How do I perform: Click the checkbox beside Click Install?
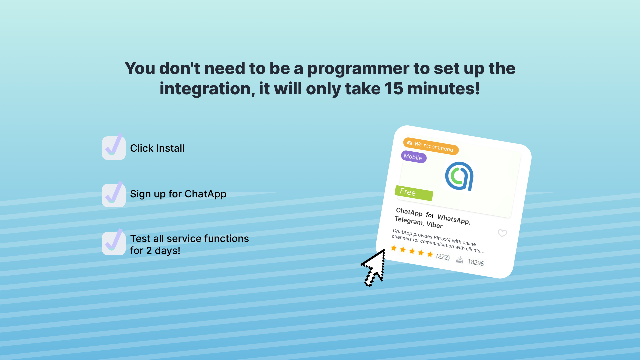(x=114, y=148)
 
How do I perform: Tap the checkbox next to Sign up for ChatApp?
(x=114, y=195)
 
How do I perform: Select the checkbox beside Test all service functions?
(x=114, y=243)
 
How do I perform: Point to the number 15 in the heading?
(x=394, y=89)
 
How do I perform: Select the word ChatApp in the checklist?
(x=205, y=194)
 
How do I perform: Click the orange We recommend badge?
(x=431, y=146)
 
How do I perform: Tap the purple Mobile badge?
(x=413, y=157)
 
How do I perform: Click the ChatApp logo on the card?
(x=459, y=176)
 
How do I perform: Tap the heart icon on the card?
(x=502, y=233)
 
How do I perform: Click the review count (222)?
(x=443, y=257)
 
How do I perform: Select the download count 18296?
(x=476, y=262)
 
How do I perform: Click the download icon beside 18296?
(x=460, y=260)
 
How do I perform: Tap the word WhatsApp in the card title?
(x=454, y=219)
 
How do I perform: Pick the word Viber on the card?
(x=435, y=225)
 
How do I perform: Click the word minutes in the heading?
(x=444, y=89)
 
